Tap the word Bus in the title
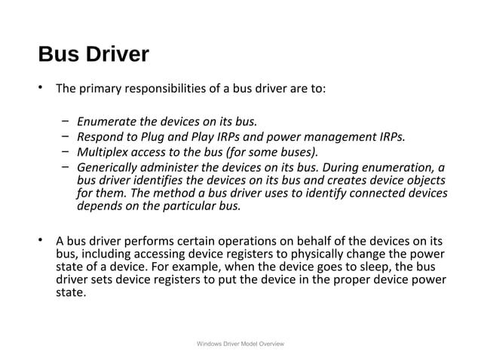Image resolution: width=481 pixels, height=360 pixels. coord(57,55)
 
